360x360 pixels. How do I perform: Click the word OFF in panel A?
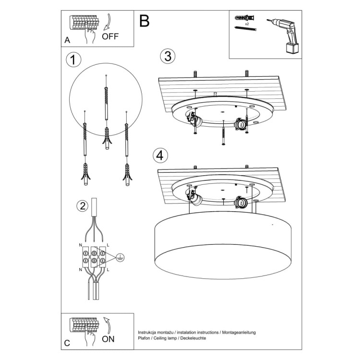[110, 36]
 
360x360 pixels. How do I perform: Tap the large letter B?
[144, 21]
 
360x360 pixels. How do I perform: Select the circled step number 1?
[72, 60]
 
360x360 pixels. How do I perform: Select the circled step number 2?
[83, 206]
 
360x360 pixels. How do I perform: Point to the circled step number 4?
[161, 156]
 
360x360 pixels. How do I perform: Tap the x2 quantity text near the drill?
[247, 24]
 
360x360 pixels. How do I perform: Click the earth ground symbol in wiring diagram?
[120, 258]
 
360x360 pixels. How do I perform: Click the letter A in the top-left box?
[67, 40]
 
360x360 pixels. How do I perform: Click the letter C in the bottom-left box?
[67, 343]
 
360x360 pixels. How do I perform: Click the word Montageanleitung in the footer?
[239, 332]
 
